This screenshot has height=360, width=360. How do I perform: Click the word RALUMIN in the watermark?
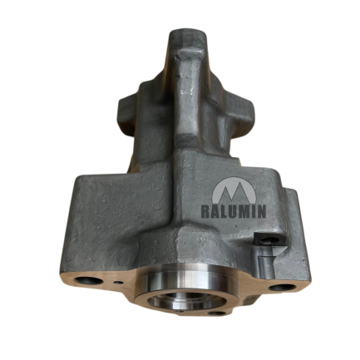(234, 211)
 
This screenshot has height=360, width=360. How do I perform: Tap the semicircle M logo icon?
(234, 190)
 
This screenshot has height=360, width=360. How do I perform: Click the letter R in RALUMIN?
(205, 211)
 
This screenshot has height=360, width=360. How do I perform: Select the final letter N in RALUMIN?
(261, 211)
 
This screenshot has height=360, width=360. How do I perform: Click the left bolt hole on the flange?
(89, 281)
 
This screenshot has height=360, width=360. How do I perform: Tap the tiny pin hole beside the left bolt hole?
(119, 283)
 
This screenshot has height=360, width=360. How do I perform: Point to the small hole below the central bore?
(219, 314)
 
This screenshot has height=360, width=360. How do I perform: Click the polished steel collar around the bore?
(183, 274)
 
